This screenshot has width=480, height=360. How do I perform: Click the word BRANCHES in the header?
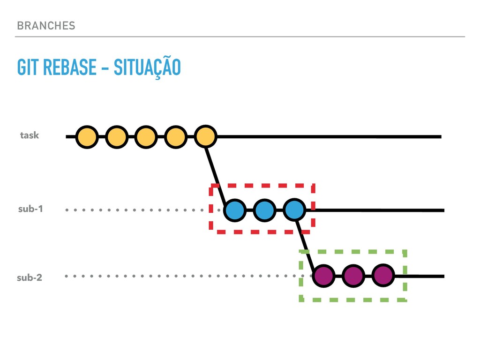(x=45, y=25)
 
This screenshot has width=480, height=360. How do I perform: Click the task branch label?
(x=30, y=135)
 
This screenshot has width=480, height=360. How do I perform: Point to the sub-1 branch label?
(x=30, y=209)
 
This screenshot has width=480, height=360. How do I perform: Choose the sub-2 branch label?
(x=30, y=277)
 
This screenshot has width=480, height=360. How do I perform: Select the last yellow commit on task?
(x=205, y=137)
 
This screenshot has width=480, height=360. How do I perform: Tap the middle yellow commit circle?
(x=146, y=137)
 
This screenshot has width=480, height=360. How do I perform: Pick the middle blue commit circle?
(x=265, y=210)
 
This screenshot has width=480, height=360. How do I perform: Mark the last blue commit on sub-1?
(x=294, y=210)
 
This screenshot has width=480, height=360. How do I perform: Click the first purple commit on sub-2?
(x=324, y=276)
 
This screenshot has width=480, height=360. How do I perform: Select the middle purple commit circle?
(x=353, y=276)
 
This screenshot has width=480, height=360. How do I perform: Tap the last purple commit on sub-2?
(x=383, y=276)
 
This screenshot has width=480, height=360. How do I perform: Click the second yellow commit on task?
(x=117, y=137)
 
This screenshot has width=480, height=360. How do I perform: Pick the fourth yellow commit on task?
(x=176, y=137)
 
